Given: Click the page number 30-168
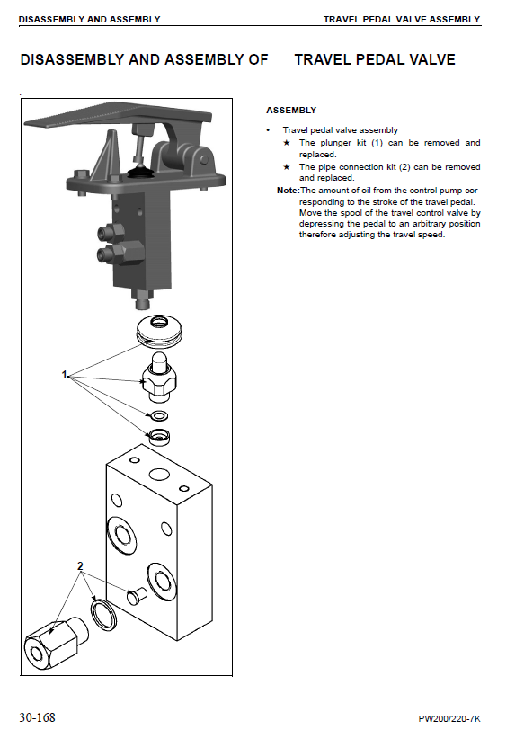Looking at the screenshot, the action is click(x=37, y=717).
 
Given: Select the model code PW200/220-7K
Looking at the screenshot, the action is click(x=449, y=719).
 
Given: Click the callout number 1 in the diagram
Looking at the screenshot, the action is click(x=65, y=375).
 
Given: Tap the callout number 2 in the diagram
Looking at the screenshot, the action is click(x=80, y=566).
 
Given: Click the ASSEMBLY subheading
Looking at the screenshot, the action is click(x=291, y=111).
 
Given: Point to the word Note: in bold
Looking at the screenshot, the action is click(x=288, y=191).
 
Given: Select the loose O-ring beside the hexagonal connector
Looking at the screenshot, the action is click(x=103, y=616).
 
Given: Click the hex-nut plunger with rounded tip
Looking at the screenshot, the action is click(x=158, y=377).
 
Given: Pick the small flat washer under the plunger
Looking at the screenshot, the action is click(x=159, y=416).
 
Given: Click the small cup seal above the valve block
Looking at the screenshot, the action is click(x=159, y=437).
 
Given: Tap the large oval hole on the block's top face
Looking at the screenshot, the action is click(x=159, y=475).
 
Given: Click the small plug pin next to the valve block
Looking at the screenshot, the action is click(x=137, y=596).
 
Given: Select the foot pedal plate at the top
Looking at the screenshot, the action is click(x=118, y=115).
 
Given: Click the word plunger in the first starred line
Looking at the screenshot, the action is click(x=335, y=143).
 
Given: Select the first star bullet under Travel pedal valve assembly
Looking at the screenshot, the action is click(x=287, y=142).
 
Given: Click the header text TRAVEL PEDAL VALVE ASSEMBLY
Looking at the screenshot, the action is click(x=402, y=20).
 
